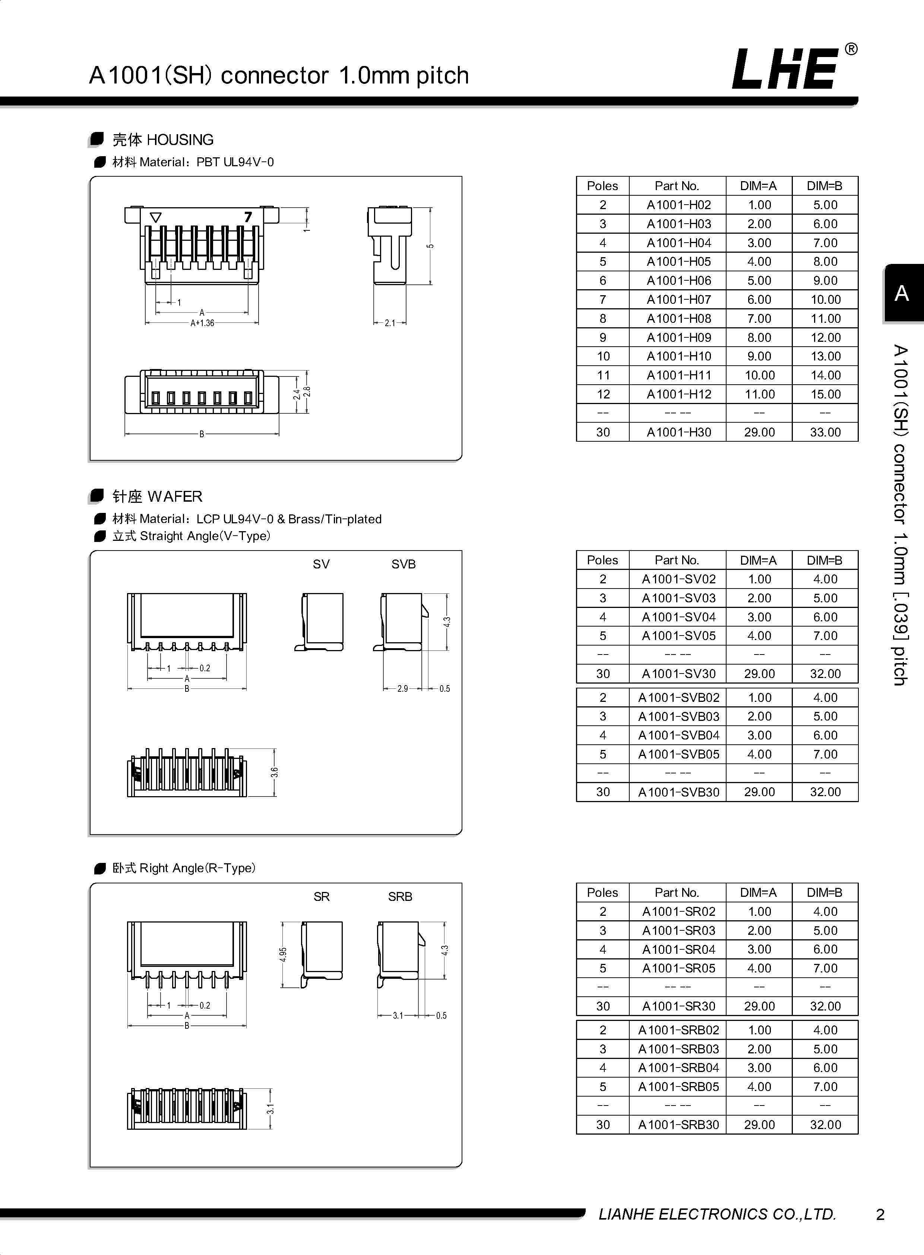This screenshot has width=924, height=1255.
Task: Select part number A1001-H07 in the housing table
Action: point(678,299)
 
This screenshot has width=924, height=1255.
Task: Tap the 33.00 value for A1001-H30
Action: point(825,432)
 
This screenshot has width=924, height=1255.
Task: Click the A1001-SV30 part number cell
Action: point(678,674)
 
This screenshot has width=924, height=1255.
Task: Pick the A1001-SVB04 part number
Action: point(678,735)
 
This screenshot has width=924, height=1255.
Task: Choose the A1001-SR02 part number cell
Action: point(678,911)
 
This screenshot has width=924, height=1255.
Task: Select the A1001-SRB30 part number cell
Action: point(678,1125)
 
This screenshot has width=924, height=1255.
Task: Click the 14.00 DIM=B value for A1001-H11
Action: point(825,375)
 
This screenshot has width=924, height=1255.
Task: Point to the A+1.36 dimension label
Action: point(202,323)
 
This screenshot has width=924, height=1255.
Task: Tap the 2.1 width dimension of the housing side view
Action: point(390,323)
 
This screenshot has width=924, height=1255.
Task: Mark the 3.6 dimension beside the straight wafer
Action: point(274,772)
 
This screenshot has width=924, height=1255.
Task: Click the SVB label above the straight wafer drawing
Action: point(403,564)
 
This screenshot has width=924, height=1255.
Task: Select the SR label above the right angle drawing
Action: point(321,896)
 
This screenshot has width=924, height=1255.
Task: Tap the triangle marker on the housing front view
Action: point(156,217)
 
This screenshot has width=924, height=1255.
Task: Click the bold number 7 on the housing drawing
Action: point(248,217)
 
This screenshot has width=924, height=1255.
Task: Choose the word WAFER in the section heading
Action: point(175,496)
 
